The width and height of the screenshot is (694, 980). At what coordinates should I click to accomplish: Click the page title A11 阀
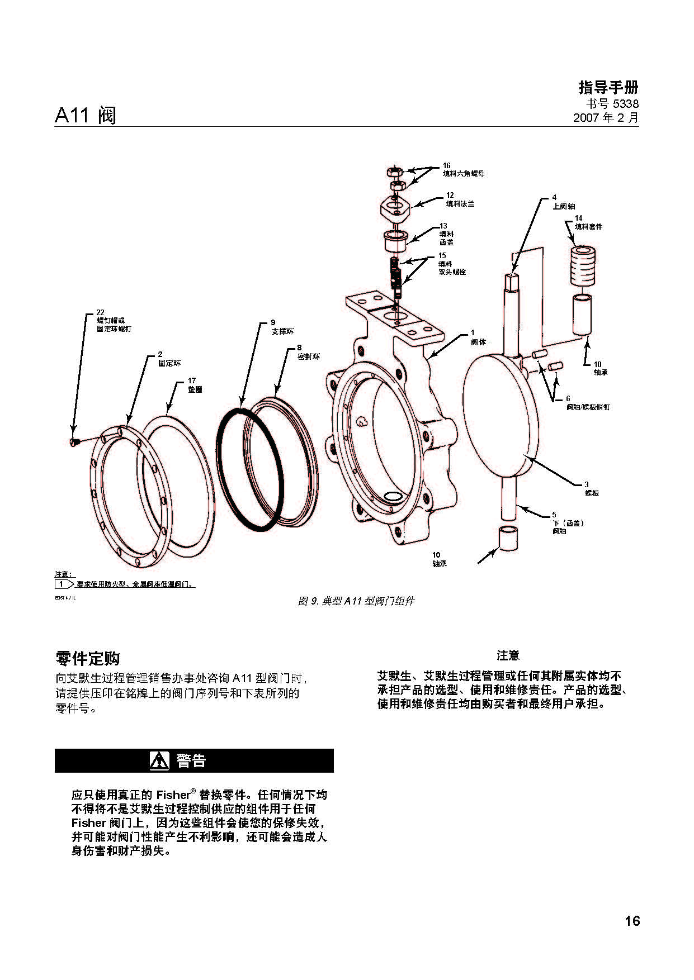pyautogui.click(x=86, y=115)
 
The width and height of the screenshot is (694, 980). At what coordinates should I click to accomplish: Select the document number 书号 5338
pyautogui.click(x=612, y=104)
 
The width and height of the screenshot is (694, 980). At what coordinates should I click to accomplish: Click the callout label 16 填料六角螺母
pyautogui.click(x=462, y=170)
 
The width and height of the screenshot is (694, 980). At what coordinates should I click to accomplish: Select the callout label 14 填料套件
pyautogui.click(x=588, y=222)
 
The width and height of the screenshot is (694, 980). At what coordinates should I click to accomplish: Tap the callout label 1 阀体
pyautogui.click(x=477, y=337)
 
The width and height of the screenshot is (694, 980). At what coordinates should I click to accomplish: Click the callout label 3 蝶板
pyautogui.click(x=591, y=489)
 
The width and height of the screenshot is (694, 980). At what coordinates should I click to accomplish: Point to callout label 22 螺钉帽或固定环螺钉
pyautogui.click(x=114, y=321)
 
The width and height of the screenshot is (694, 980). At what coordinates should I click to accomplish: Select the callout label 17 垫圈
pyautogui.click(x=195, y=386)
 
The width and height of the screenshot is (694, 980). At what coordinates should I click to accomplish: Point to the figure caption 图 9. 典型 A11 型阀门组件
pyautogui.click(x=356, y=601)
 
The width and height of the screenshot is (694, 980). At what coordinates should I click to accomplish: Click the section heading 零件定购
pyautogui.click(x=88, y=658)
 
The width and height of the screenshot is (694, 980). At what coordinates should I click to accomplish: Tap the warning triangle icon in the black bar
pyautogui.click(x=159, y=760)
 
